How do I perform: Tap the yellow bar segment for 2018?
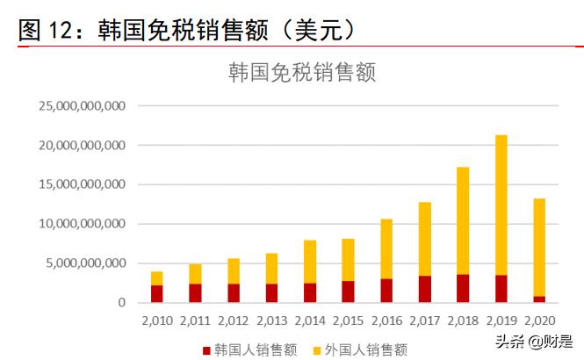click(462, 220)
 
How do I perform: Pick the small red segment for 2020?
click(539, 299)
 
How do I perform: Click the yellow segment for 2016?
click(386, 248)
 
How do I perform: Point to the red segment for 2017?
click(424, 289)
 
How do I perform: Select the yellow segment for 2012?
click(233, 270)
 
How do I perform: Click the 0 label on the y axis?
click(124, 303)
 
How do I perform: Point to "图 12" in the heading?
click(44, 30)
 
